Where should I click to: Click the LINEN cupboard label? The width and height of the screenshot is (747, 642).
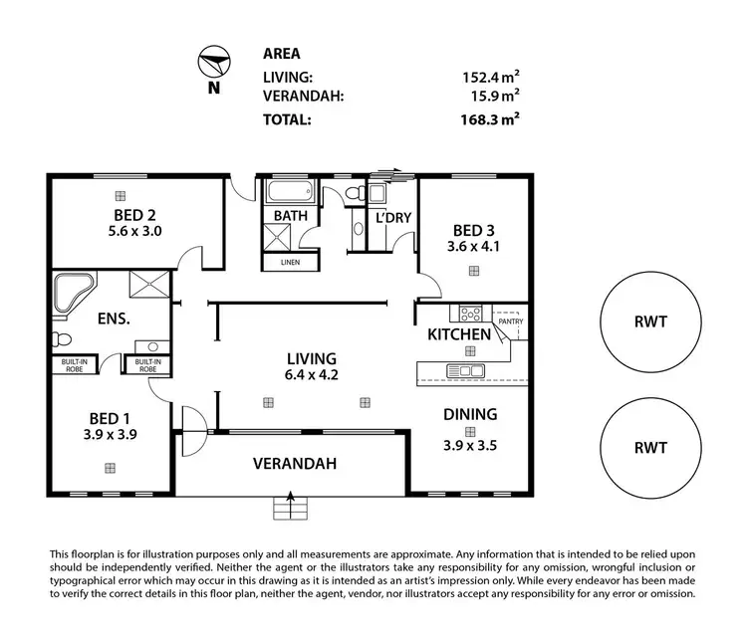(x=290, y=263)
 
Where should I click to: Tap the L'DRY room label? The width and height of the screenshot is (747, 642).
(x=393, y=218)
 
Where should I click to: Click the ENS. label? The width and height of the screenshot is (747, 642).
(x=117, y=321)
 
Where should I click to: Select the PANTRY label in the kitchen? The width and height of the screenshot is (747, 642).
(x=510, y=321)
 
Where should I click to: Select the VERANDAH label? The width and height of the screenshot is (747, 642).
(x=293, y=463)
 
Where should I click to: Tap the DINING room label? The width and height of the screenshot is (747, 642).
(x=469, y=413)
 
